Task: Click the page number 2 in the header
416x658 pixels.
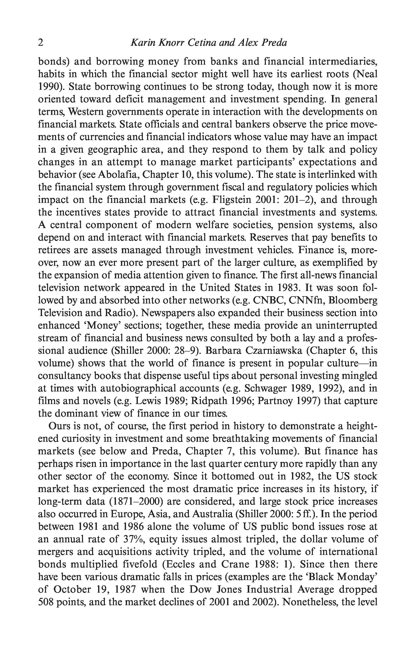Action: point(40,43)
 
